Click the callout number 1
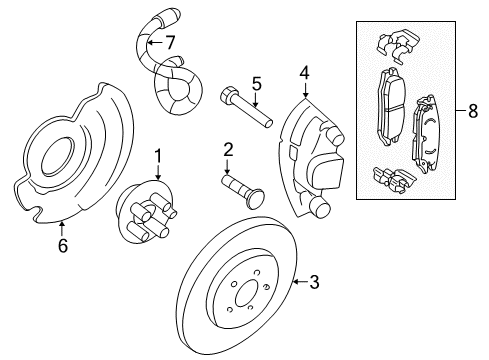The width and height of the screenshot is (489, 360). (157, 155)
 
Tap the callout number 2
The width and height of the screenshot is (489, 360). (228, 150)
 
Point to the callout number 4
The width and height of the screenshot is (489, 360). (303, 71)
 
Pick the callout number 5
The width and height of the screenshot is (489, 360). (255, 83)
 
